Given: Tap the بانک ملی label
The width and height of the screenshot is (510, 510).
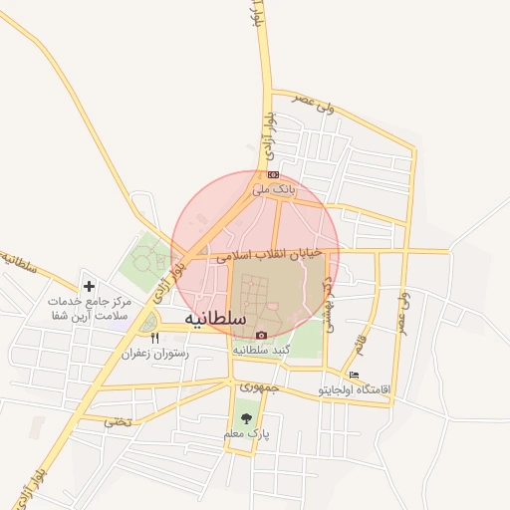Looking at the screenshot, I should pos(273,188).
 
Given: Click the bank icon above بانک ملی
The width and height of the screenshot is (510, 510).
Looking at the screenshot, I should pos(273,174).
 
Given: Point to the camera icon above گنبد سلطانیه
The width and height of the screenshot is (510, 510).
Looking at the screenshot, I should pos(261,336).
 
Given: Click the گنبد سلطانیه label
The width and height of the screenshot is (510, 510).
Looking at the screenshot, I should pos(261,351).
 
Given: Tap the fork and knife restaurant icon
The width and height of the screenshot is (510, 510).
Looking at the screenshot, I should pos(154,339).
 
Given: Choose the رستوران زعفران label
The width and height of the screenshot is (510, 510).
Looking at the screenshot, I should pos(154,353).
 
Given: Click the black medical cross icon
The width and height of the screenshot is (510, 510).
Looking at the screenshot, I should pos(90,286).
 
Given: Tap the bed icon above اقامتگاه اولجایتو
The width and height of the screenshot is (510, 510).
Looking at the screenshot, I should pos(355,375).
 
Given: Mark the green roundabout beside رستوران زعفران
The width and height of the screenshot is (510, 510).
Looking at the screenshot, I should pos(148,322).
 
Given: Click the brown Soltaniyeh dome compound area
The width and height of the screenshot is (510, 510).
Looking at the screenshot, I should pos(274,299).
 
